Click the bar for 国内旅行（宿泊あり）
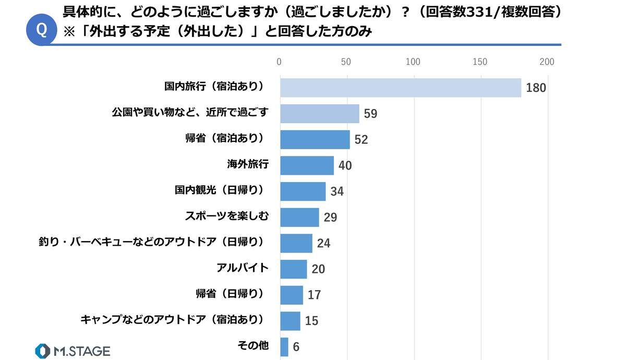[x=401, y=88]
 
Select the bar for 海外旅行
[x=307, y=165]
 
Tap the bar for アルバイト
[x=294, y=269]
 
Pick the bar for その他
[x=284, y=346]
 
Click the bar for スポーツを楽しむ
[x=299, y=217]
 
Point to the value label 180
[x=536, y=88]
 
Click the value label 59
[x=370, y=114]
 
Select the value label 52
[x=361, y=140]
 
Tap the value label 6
[x=296, y=347]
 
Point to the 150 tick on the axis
[x=480, y=63]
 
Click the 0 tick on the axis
[x=280, y=63]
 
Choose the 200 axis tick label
[x=547, y=63]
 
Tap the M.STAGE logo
[x=73, y=351]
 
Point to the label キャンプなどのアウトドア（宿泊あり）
[x=172, y=320]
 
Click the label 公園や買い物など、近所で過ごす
[x=190, y=113]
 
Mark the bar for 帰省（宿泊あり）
[x=315, y=139]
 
